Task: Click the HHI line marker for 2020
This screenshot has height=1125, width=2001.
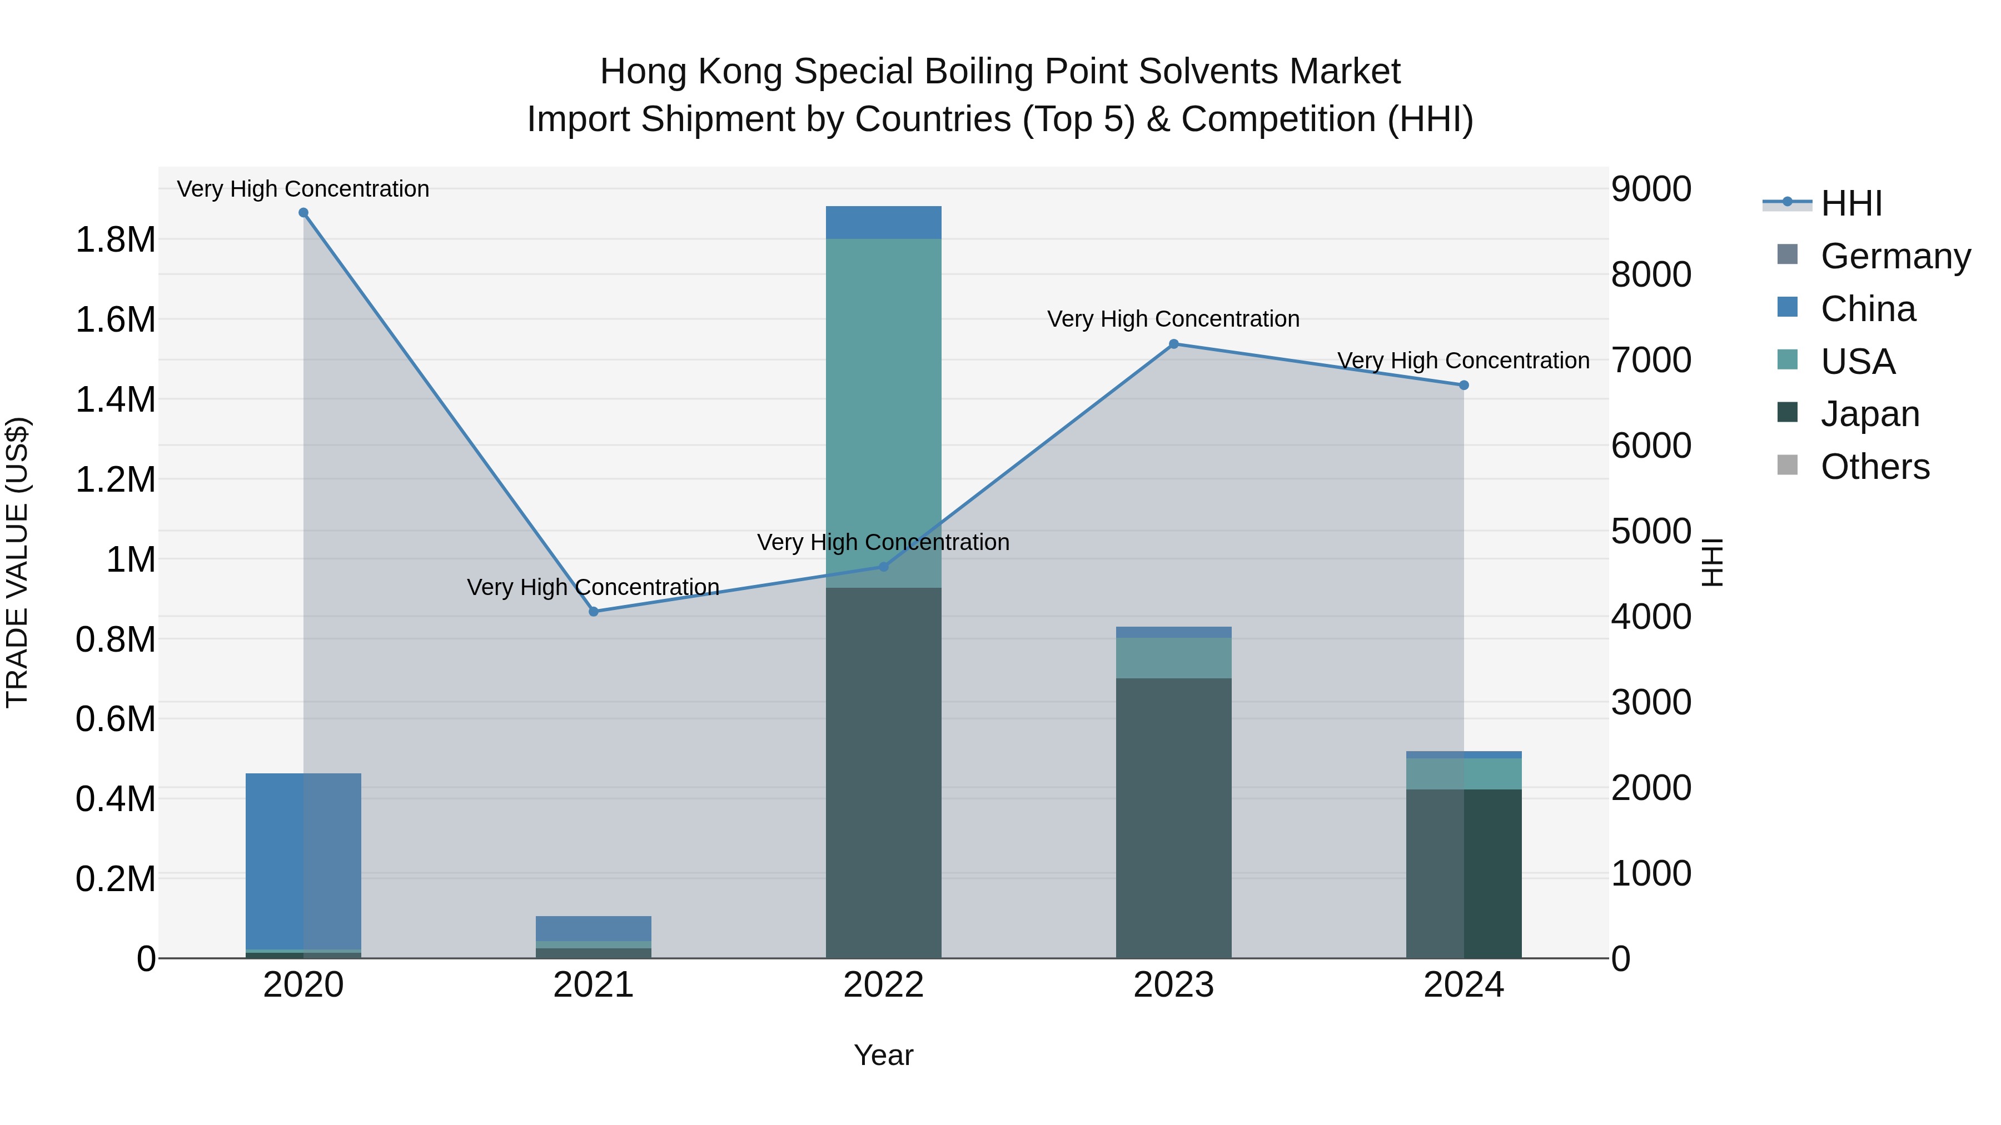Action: point(303,213)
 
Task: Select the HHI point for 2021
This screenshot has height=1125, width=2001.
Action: point(594,612)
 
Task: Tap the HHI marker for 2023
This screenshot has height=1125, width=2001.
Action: point(1174,344)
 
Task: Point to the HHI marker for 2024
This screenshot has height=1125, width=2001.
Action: point(1464,385)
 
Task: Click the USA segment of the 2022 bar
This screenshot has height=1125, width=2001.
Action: point(883,412)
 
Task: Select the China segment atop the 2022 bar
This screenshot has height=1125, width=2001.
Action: point(883,222)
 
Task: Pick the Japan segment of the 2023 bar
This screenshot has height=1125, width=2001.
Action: point(1174,815)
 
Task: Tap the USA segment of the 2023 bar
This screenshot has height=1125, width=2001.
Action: point(1174,658)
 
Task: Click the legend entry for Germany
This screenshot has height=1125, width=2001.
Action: point(1895,256)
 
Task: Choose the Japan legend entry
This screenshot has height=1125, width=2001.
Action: point(1870,414)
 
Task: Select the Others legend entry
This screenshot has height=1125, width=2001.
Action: point(1874,467)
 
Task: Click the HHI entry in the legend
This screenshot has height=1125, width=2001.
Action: point(1851,203)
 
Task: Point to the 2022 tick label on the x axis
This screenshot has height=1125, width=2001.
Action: point(883,985)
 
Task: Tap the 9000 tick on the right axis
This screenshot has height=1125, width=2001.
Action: point(1651,189)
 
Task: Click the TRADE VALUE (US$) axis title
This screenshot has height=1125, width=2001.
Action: point(17,562)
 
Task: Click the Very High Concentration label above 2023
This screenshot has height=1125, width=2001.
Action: point(1173,319)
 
